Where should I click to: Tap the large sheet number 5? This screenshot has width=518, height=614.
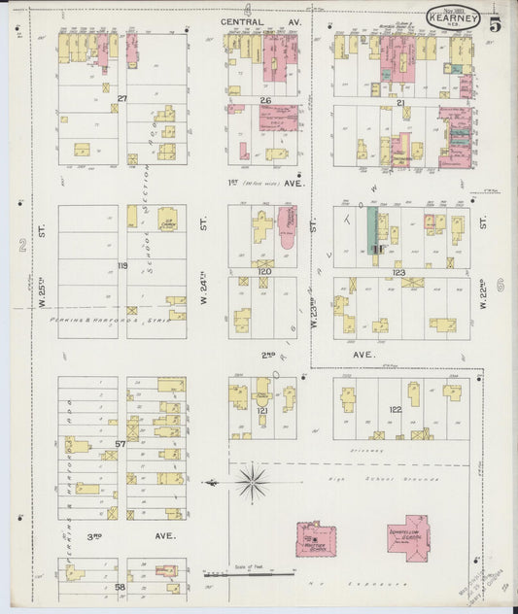[x=496, y=21]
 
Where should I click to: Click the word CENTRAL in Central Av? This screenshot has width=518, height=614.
[x=241, y=20]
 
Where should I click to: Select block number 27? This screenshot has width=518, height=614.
[x=122, y=99]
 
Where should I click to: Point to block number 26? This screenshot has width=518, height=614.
[x=264, y=100]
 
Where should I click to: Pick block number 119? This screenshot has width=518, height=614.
[x=122, y=265]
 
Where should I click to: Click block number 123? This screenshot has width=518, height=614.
[x=398, y=274]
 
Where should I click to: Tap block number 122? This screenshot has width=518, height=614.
[x=396, y=410]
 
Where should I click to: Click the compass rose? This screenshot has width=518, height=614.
[x=252, y=480]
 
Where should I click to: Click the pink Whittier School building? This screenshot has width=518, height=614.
[x=315, y=538]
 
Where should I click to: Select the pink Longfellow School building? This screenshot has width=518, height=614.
[x=407, y=534]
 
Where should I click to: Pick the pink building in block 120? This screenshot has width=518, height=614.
[x=287, y=224]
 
